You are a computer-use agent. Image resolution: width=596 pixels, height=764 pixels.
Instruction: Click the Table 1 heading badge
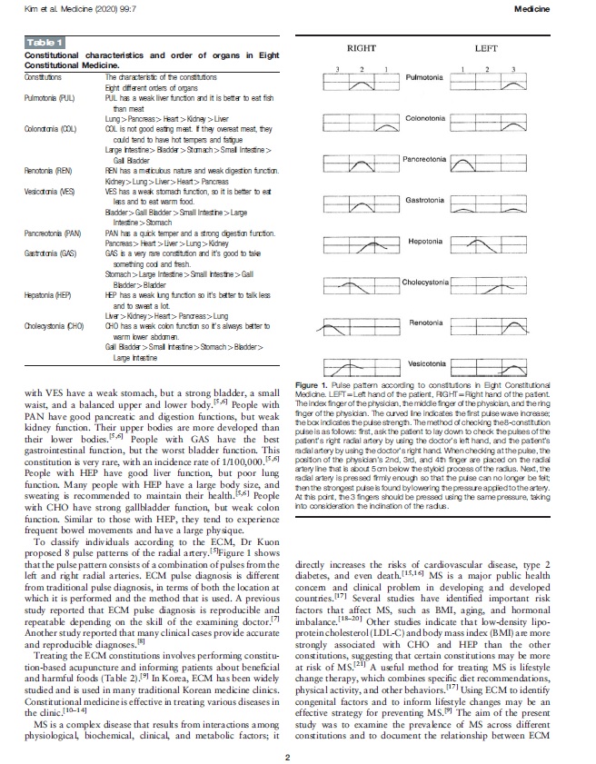pyautogui.click(x=44, y=41)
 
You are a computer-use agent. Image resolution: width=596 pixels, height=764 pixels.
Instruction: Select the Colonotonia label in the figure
pyautogui.click(x=424, y=119)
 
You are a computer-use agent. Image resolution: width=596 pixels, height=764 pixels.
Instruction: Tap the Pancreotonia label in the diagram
pyautogui.click(x=424, y=160)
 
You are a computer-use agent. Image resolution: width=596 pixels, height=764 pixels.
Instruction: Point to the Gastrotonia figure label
pyautogui.click(x=424, y=201)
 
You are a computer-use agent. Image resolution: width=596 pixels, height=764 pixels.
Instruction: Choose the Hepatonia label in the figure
pyautogui.click(x=424, y=242)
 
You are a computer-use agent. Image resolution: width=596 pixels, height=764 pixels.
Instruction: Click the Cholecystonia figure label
pyautogui.click(x=425, y=283)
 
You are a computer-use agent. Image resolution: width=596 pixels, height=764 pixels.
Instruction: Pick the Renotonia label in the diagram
pyautogui.click(x=424, y=323)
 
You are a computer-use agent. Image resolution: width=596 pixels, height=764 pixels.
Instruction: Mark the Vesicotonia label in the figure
pyautogui.click(x=424, y=364)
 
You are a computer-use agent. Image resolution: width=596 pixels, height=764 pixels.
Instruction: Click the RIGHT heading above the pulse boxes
pyautogui.click(x=362, y=47)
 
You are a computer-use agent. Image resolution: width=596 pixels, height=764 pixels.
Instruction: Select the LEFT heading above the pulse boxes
pyautogui.click(x=486, y=47)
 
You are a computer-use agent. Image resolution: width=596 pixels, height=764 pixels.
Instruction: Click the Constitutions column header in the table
pyautogui.click(x=44, y=77)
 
